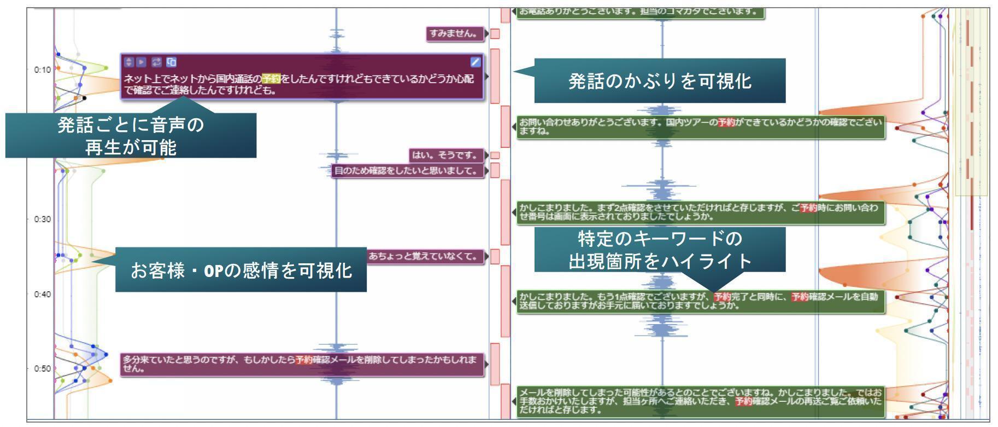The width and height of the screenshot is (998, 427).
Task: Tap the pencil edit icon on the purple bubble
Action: [475, 62]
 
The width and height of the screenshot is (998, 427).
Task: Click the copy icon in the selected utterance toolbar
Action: [171, 62]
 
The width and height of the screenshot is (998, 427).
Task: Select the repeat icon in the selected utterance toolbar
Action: [156, 62]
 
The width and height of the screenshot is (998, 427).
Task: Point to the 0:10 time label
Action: [42, 70]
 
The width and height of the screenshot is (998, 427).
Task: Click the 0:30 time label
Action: [42, 220]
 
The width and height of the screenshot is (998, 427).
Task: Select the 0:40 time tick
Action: [42, 295]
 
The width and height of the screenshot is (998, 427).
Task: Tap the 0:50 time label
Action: [42, 368]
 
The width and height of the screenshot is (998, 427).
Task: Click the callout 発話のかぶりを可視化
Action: [659, 81]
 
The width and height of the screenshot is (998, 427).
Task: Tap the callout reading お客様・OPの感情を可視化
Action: [240, 269]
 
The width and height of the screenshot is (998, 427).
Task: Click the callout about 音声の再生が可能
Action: [131, 136]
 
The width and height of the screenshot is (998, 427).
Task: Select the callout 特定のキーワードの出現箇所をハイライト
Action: [660, 250]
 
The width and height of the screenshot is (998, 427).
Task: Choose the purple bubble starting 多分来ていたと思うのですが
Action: [302, 365]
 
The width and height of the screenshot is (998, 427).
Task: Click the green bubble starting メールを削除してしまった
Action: [700, 401]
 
